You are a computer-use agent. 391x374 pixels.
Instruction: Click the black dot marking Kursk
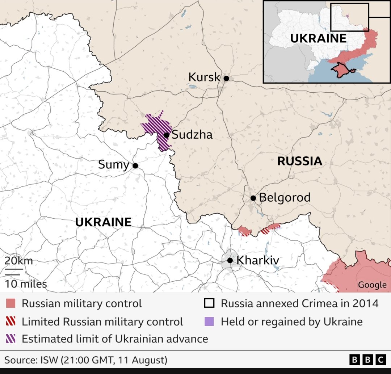click(226, 78)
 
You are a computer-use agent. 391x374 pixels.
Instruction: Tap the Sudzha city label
click(192, 135)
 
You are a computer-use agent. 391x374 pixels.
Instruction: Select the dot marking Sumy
click(135, 166)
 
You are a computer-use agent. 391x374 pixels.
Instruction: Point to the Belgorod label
click(285, 198)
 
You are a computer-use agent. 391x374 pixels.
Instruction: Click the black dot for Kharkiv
click(230, 260)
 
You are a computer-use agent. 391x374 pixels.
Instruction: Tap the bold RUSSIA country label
click(299, 161)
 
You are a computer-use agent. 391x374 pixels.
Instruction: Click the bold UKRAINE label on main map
click(103, 222)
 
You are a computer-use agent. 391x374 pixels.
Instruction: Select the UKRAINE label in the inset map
click(318, 38)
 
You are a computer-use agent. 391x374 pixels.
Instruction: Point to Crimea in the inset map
click(339, 70)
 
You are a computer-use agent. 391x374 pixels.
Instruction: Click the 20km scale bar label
click(18, 261)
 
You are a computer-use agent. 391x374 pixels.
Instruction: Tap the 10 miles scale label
click(26, 284)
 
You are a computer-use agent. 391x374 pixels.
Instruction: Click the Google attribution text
click(372, 285)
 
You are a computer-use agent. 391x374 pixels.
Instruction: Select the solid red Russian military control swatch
click(10, 303)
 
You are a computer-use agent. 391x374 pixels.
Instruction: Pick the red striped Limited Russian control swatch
click(10, 321)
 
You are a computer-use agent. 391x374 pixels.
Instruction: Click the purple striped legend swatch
click(10, 339)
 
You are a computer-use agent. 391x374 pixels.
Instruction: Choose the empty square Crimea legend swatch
click(209, 303)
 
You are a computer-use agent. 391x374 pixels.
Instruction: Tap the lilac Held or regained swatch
click(209, 321)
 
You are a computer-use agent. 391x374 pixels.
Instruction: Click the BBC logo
click(367, 360)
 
